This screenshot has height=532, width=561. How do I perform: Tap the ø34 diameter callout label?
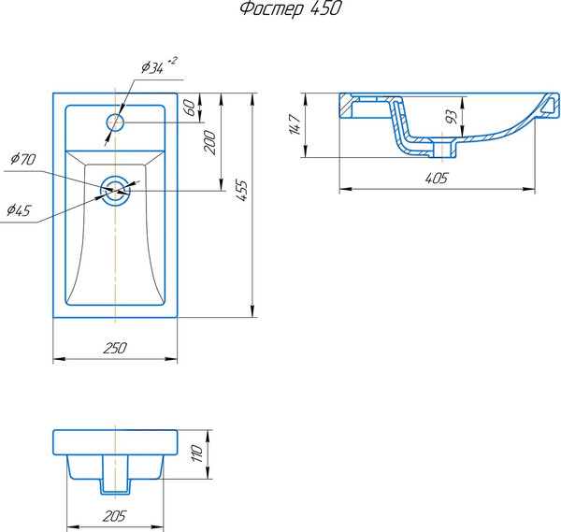152,67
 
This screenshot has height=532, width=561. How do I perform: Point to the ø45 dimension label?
17,210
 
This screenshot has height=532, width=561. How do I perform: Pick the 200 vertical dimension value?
210,142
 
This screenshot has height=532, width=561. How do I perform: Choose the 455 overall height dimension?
241,190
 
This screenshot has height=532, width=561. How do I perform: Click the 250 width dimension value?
114,349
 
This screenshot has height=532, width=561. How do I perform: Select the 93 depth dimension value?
452,118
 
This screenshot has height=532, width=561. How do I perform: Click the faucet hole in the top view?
115,122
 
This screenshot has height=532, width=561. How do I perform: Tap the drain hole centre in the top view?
115,188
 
